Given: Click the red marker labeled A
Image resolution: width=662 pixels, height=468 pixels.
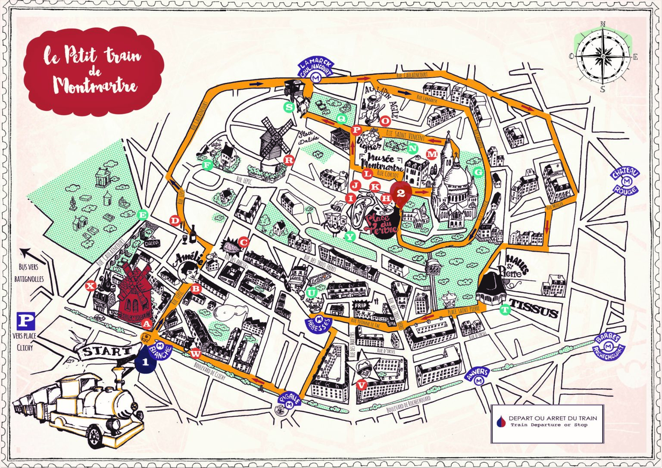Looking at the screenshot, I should [147, 323].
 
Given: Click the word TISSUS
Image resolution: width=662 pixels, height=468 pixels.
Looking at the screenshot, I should [534, 314].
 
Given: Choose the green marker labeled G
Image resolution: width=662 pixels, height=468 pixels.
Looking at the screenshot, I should [478, 172].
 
